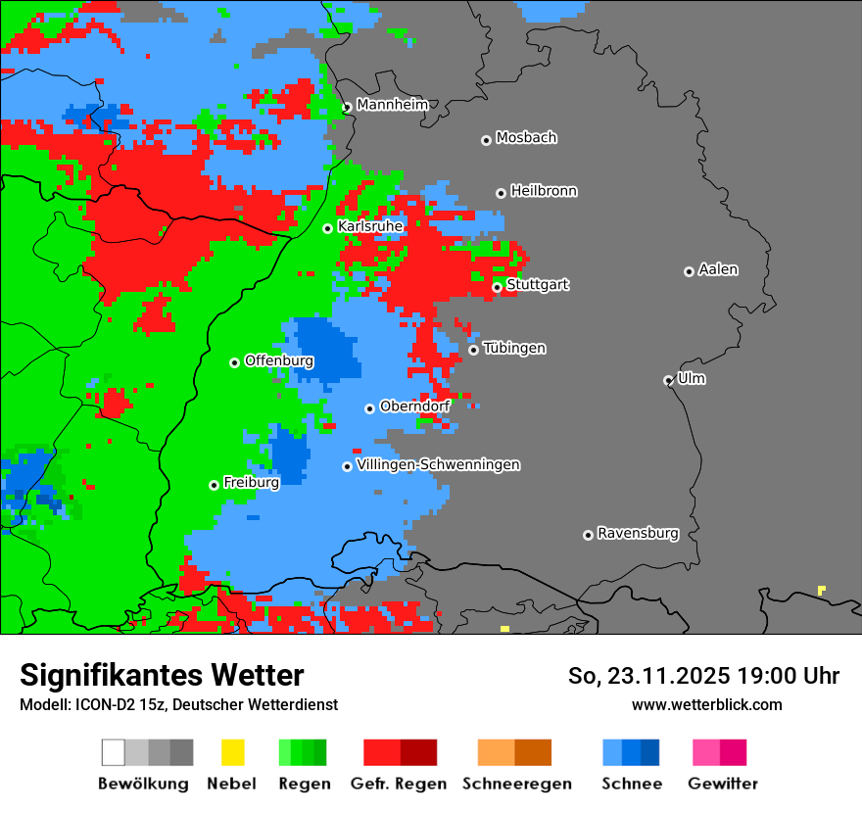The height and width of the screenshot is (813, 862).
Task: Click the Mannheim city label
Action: point(393,105)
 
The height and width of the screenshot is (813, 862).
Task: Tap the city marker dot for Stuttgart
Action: point(497,287)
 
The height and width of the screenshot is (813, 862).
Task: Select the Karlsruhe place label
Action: point(370,226)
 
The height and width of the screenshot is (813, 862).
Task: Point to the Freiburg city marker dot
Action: point(214,485)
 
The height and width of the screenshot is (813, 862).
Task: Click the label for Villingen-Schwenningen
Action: point(438,464)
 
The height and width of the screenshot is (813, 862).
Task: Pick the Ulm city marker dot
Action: point(668,380)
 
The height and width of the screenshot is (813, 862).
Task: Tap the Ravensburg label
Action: point(638,533)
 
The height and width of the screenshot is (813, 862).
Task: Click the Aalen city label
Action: point(718,269)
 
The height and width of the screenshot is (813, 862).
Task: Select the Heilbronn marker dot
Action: point(501,193)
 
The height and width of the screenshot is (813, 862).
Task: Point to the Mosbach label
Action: point(526,138)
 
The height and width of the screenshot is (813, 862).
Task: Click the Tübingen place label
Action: point(514,348)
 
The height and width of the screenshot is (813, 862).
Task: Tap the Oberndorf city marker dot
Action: point(369,408)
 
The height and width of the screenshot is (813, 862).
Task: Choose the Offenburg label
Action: point(279,360)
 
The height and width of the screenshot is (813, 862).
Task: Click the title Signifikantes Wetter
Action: point(162,675)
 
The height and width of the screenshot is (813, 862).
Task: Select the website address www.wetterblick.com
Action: point(706,704)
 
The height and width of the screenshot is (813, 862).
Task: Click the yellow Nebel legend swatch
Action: point(232,752)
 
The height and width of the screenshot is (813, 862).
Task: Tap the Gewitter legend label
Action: point(723,784)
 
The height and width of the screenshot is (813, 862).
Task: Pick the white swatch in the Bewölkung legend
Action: point(114,752)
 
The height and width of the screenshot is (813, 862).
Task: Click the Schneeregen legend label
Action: point(517,784)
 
